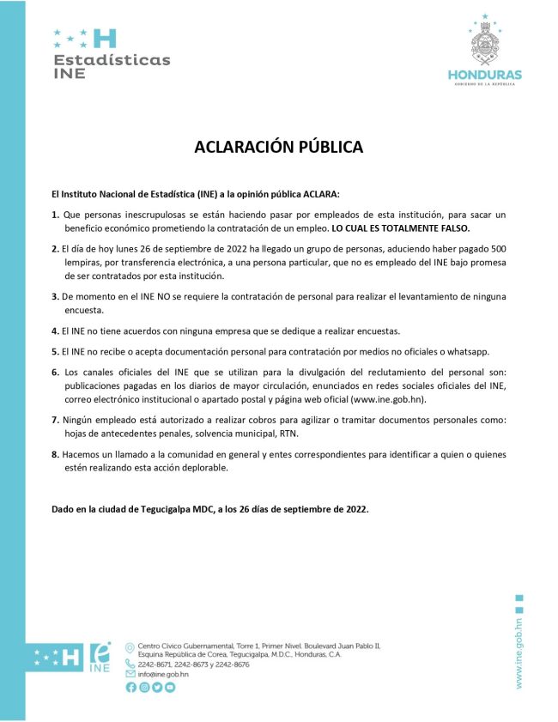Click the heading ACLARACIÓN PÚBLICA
[278, 147]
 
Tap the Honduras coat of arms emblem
[485, 42]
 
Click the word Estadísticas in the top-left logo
[112, 60]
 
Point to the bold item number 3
[55, 296]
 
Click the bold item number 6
[55, 371]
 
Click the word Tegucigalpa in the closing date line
[192, 509]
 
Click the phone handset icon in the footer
[130, 664]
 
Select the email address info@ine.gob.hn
[163, 674]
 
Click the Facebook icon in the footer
[130, 687]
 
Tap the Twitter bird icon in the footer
[156, 687]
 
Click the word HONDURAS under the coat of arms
[485, 76]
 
